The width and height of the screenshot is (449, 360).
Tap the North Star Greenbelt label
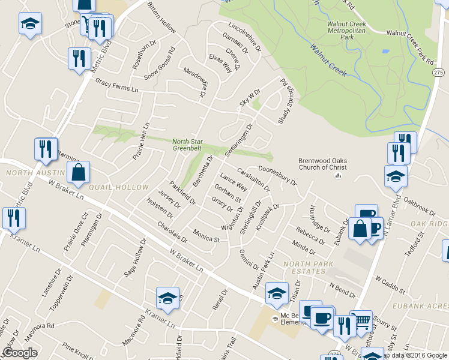point(188,144)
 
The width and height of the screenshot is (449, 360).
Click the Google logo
point(20,353)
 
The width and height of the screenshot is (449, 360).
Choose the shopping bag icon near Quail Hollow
point(79,173)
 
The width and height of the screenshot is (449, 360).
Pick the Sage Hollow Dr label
point(135,259)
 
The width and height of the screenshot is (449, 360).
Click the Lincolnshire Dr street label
point(245,36)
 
